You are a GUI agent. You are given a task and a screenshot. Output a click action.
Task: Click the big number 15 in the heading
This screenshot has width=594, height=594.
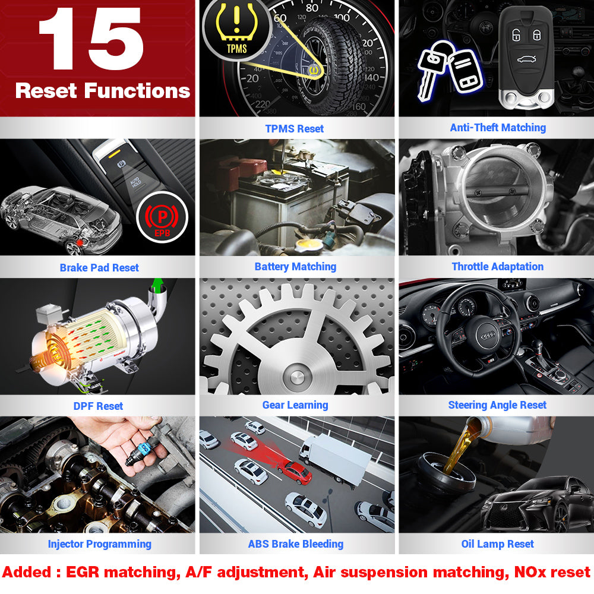click(x=91, y=39)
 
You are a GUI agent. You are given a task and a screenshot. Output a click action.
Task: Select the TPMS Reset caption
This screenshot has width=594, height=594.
click(x=295, y=129)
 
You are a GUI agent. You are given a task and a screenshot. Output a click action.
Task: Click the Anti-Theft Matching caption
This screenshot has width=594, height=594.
click(x=498, y=128)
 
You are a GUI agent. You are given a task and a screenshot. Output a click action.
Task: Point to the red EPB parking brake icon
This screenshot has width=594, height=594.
click(x=162, y=217)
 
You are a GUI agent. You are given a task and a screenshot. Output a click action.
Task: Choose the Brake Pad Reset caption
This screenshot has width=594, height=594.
click(x=99, y=268)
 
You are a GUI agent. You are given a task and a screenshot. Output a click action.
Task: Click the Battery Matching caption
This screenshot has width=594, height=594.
click(x=295, y=267)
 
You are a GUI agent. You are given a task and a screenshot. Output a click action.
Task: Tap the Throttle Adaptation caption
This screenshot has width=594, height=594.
click(x=498, y=267)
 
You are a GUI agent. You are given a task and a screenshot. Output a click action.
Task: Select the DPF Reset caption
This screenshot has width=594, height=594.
click(x=98, y=406)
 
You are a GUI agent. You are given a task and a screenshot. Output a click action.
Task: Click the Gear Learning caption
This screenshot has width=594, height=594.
click(x=295, y=405)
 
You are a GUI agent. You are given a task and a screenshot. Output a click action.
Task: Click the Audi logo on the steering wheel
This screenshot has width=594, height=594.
click(x=488, y=336)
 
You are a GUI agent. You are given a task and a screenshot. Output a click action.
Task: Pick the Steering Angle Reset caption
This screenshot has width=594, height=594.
click(x=497, y=405)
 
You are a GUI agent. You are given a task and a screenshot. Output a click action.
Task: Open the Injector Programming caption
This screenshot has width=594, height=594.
click(x=99, y=544)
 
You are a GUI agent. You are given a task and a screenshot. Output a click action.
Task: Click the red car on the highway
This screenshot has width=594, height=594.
click(x=295, y=472)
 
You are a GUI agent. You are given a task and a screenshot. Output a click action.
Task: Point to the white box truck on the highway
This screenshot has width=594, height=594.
click(x=335, y=459)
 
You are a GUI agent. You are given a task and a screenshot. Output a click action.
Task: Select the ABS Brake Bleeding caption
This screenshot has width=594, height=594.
click(x=295, y=544)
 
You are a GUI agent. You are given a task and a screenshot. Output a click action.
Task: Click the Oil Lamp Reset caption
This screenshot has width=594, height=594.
click(x=497, y=544)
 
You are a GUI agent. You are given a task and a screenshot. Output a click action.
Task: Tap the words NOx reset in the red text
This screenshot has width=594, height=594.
click(x=552, y=572)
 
